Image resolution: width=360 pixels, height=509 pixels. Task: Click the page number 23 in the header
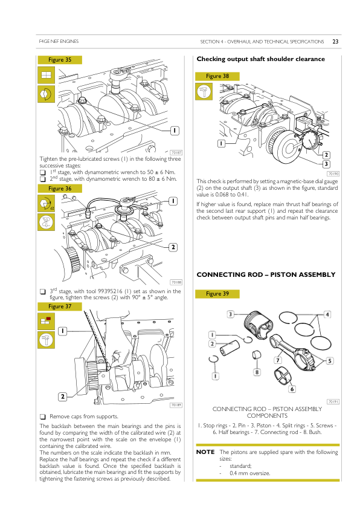click(335, 42)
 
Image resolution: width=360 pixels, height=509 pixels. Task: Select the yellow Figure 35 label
click(60, 60)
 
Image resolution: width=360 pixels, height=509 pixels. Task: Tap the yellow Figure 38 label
click(217, 76)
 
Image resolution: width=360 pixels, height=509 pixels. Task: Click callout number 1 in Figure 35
click(175, 131)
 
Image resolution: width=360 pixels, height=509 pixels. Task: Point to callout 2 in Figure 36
click(173, 247)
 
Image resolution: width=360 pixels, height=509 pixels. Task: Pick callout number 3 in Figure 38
click(326, 164)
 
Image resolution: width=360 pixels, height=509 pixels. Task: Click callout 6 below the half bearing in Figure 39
click(292, 389)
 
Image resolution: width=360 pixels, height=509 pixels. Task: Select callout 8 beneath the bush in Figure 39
click(257, 372)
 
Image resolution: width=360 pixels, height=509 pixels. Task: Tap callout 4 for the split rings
click(327, 314)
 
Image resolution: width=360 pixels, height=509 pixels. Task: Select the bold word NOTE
click(205, 452)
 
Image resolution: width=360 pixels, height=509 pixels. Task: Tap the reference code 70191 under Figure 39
click(333, 401)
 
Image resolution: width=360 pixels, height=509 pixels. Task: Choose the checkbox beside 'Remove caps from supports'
click(42, 417)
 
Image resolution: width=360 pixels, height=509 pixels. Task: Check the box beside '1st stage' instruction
click(42, 172)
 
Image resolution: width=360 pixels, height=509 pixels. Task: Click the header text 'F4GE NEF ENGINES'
click(59, 41)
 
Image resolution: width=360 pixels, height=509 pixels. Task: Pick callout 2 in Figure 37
click(63, 397)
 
